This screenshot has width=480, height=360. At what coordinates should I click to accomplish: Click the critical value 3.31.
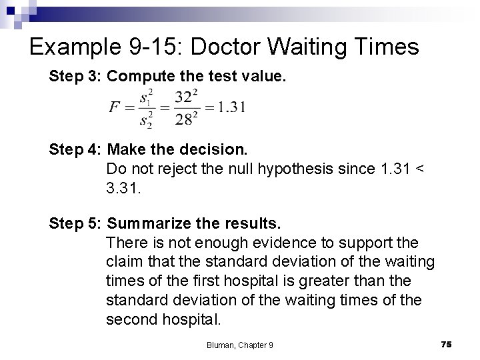coord(121,190)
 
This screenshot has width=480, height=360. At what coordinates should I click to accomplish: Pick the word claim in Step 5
coord(122,261)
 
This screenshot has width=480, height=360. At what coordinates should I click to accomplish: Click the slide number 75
coord(446,343)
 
